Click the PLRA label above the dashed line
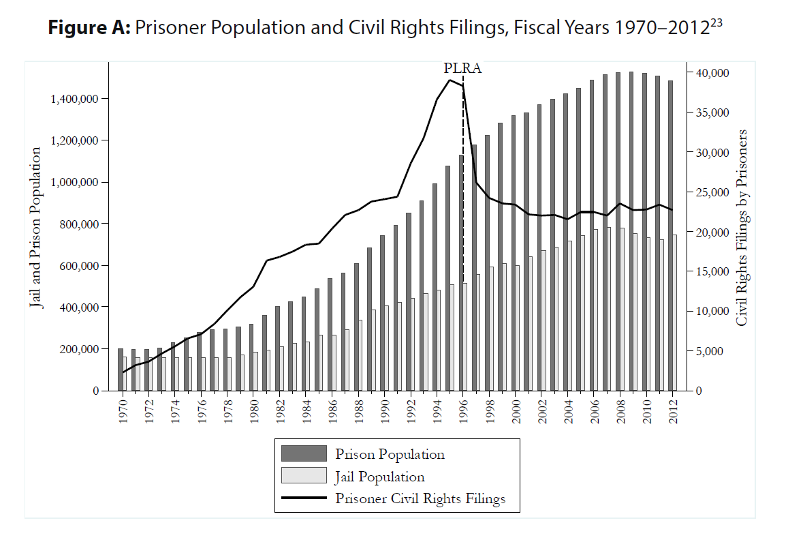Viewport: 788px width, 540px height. (x=462, y=68)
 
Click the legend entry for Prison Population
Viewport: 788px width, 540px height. (x=390, y=454)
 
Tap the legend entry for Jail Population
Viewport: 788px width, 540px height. (x=379, y=477)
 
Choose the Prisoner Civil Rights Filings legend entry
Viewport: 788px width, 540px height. (x=420, y=499)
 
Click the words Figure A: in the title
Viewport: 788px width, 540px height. (x=89, y=28)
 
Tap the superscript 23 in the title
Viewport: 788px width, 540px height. (x=715, y=21)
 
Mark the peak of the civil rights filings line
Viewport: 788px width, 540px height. (x=450, y=80)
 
